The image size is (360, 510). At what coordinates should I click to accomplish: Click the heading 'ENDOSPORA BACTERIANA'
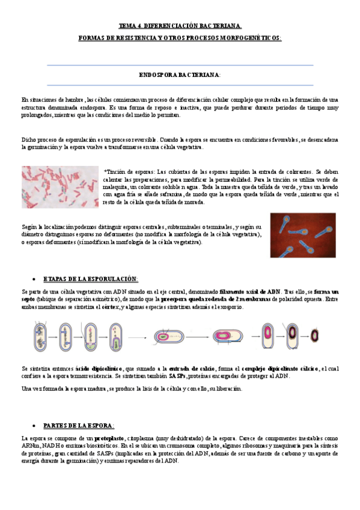pyautogui.click(x=180, y=75)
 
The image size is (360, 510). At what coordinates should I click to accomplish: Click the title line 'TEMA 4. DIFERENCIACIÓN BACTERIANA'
pyautogui.click(x=180, y=26)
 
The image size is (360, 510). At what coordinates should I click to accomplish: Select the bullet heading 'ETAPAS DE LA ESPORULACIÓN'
pyautogui.click(x=91, y=279)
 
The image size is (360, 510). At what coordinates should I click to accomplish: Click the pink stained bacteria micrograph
pyautogui.click(x=59, y=187)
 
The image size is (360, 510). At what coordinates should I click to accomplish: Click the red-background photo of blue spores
pyautogui.click(x=303, y=235)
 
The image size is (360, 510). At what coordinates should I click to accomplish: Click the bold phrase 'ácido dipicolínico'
pyautogui.click(x=100, y=368)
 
